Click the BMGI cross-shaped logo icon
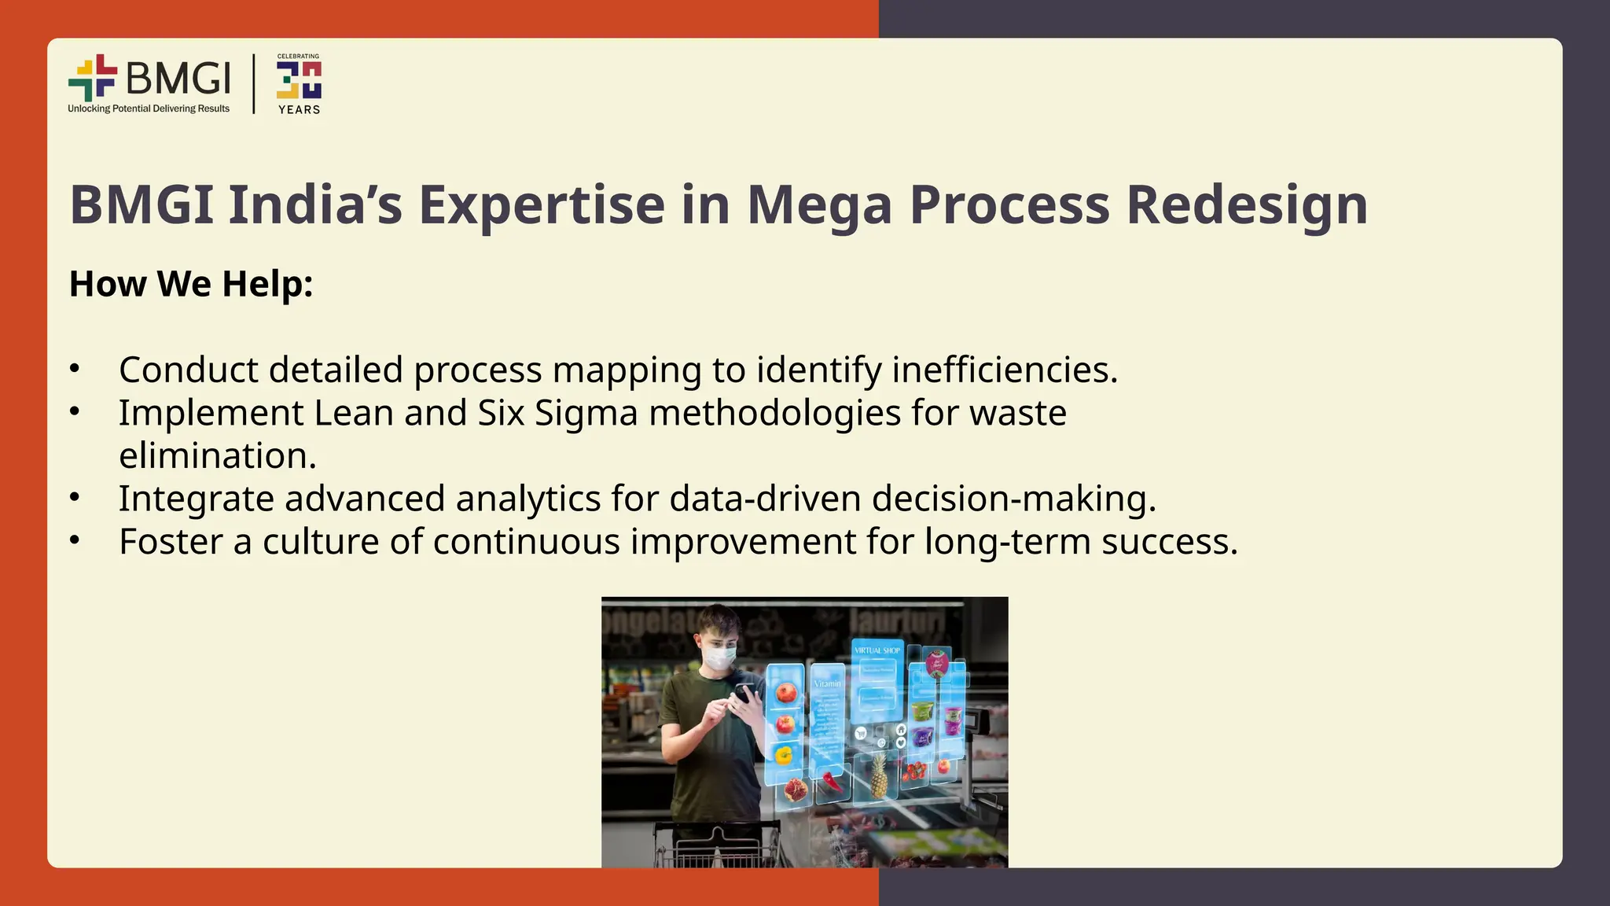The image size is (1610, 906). pos(93,78)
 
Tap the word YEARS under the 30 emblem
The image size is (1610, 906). pos(299,110)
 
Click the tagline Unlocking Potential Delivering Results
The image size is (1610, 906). pos(149,109)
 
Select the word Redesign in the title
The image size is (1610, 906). pos(1247,205)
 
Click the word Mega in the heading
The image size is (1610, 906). pos(819,205)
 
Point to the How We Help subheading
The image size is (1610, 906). pos(191,284)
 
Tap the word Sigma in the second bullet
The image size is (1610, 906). pos(586,413)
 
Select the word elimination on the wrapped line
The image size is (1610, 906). pos(217,456)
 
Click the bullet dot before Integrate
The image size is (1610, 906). pos(75,497)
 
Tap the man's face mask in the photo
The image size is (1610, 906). pos(719,655)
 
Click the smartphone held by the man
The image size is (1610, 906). pos(744,694)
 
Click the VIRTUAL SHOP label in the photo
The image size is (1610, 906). pos(877,650)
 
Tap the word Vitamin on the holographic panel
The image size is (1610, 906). pos(827,684)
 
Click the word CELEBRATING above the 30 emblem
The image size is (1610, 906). pos(298,57)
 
